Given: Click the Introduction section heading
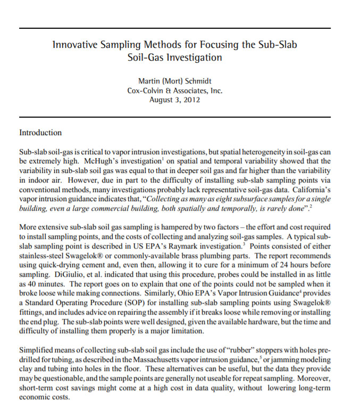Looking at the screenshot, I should tap(40, 133).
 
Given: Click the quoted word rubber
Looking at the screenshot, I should tap(225, 351).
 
